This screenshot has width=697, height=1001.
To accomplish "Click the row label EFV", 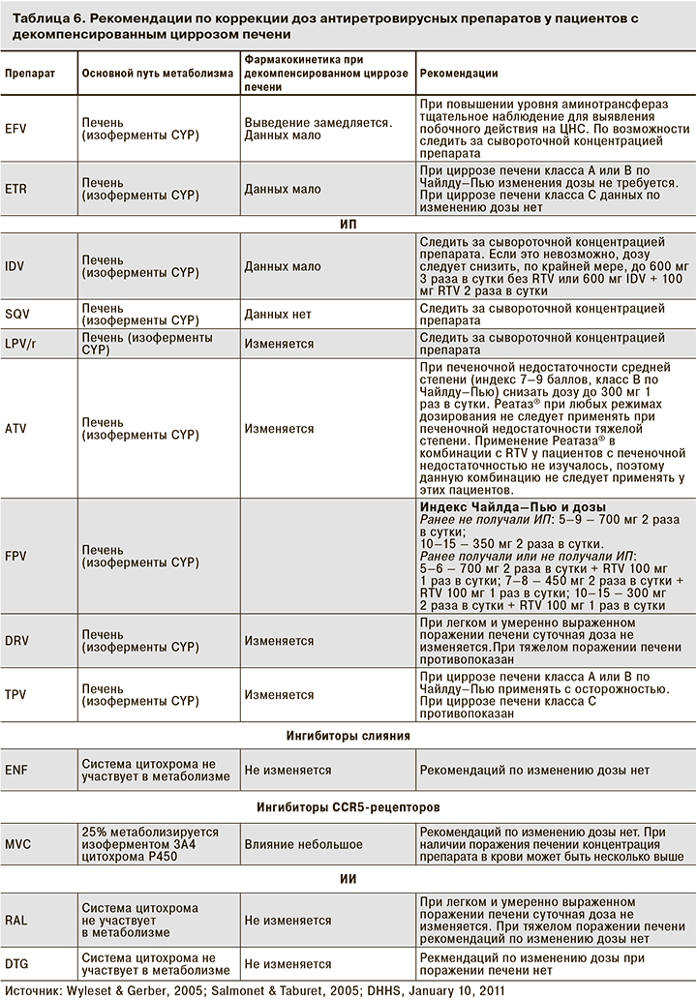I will pyautogui.click(x=15, y=129).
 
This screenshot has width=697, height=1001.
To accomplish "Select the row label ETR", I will pyautogui.click(x=15, y=189).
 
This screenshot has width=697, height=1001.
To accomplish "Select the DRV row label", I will pyautogui.click(x=16, y=641).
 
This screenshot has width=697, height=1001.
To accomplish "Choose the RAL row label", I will pyautogui.click(x=15, y=919).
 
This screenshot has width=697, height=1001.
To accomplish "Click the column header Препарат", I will pyautogui.click(x=29, y=73).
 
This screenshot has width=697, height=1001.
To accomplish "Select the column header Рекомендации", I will pyautogui.click(x=459, y=73).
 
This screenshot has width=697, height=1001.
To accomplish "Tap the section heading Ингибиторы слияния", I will pyautogui.click(x=348, y=736).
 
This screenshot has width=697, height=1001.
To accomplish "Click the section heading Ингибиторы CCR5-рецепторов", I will pyautogui.click(x=348, y=805).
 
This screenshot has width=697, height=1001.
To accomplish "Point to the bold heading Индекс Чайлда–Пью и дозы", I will pyautogui.click(x=512, y=507).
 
